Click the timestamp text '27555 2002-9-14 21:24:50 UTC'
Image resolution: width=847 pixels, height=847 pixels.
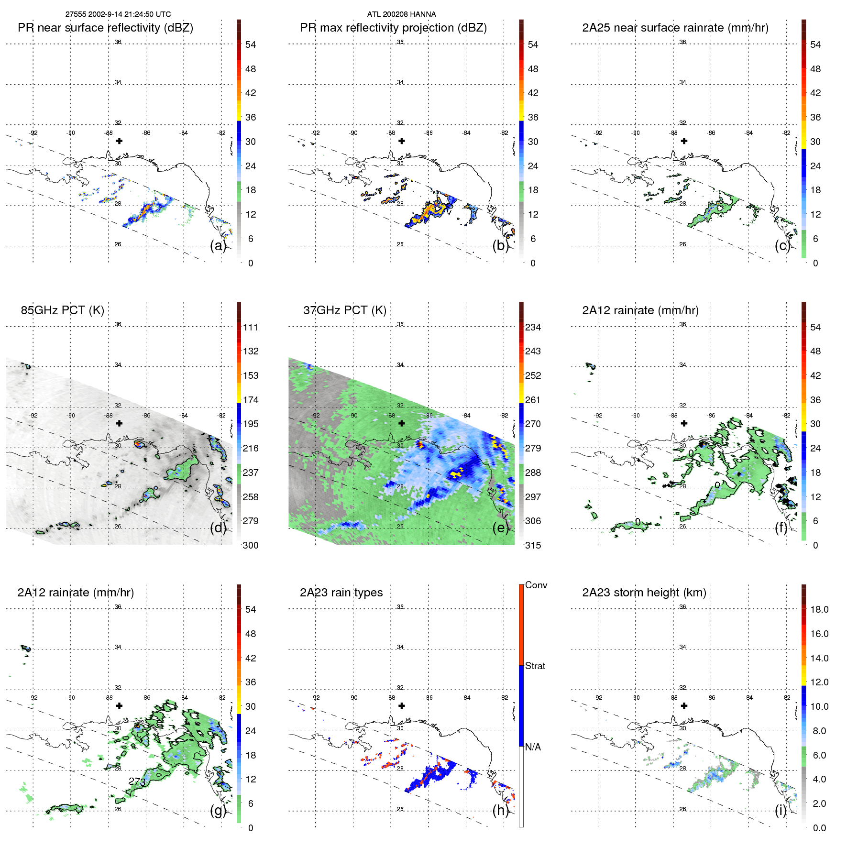[118, 14]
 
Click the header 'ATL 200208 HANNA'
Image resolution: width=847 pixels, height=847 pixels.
[401, 14]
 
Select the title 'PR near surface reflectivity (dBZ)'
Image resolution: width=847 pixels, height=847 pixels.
[105, 28]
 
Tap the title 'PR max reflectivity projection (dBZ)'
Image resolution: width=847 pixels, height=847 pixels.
[393, 28]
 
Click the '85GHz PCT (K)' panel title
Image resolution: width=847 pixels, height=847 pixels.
[62, 310]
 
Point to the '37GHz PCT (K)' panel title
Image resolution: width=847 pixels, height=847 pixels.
[344, 310]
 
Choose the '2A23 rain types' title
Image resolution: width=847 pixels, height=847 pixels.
[341, 593]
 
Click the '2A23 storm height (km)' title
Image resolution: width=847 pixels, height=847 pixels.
[644, 593]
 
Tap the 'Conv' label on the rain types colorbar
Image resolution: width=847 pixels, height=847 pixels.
[536, 585]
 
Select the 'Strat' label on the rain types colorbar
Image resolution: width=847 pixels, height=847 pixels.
[535, 666]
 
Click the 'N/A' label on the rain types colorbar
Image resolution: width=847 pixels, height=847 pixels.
[533, 747]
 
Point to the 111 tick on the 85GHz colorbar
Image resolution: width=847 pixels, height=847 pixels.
[250, 327]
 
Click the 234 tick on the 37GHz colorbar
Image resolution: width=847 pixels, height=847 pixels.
[533, 327]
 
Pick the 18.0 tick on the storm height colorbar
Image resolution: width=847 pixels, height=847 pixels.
[819, 609]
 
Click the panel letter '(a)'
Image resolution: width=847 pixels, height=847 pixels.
[218, 246]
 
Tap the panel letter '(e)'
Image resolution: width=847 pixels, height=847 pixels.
[500, 528]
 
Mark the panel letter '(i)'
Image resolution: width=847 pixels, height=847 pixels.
[781, 811]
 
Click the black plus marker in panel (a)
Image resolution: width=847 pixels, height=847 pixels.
[119, 141]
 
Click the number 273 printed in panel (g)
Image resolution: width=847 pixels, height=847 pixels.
[137, 781]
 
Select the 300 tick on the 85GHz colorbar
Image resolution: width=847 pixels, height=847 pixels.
[250, 545]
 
